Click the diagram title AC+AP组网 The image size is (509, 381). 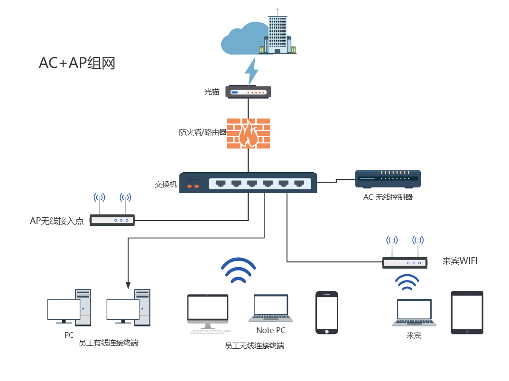(x=77, y=63)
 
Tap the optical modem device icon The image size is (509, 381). (x=248, y=92)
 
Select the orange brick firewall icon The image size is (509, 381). (x=248, y=133)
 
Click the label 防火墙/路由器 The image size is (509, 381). (x=203, y=132)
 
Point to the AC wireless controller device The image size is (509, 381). (x=388, y=179)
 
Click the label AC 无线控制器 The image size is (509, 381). (x=388, y=197)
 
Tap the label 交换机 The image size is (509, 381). (x=166, y=185)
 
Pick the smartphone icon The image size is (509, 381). (x=327, y=313)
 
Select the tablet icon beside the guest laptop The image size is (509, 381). (x=467, y=313)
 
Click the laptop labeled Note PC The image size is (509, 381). (x=271, y=308)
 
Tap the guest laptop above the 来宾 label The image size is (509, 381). (x=414, y=313)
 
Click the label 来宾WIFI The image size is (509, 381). (x=460, y=261)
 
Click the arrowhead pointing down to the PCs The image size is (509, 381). (x=128, y=285)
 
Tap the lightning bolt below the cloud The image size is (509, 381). (x=251, y=72)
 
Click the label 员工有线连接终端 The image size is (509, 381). (x=109, y=343)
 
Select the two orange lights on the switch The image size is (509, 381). (x=193, y=186)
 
